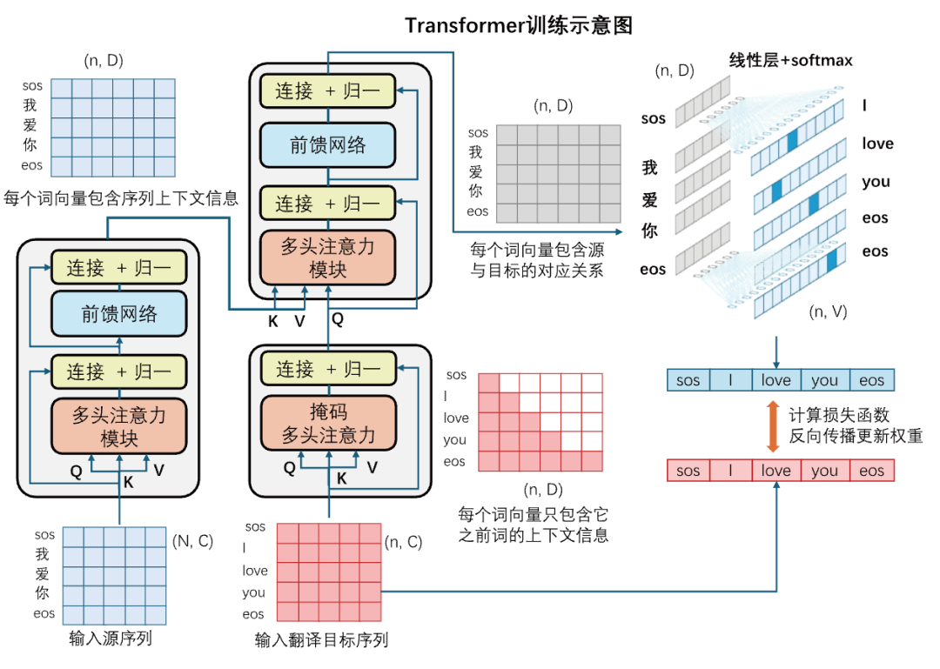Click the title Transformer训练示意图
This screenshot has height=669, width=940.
pyautogui.click(x=519, y=25)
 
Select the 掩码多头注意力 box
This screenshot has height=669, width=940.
pyautogui.click(x=328, y=423)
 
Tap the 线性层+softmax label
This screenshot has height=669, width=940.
pyautogui.click(x=790, y=60)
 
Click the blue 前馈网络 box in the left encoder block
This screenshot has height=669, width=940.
pyautogui.click(x=119, y=314)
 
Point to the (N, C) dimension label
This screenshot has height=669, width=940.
pyautogui.click(x=192, y=540)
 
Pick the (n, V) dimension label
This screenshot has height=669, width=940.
pyautogui.click(x=828, y=311)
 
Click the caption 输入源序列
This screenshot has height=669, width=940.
pyautogui.click(x=111, y=639)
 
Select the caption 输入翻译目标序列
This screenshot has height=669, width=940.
pyautogui.click(x=321, y=640)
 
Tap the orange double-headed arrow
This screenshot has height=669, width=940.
pyautogui.click(x=772, y=425)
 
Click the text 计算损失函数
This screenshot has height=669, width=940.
pyautogui.click(x=839, y=415)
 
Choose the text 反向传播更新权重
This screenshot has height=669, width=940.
pyautogui.click(x=856, y=436)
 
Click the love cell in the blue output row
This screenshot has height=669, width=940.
pyautogui.click(x=775, y=380)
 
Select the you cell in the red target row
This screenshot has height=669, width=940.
pyautogui.click(x=823, y=471)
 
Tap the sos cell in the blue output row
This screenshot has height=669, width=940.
pyautogui.click(x=688, y=380)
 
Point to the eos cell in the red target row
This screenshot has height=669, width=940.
pyautogui.click(x=871, y=471)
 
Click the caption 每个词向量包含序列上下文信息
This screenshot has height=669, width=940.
pyautogui.click(x=121, y=198)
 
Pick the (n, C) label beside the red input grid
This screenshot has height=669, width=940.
pyautogui.click(x=403, y=542)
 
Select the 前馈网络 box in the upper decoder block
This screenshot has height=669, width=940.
pyautogui.click(x=328, y=145)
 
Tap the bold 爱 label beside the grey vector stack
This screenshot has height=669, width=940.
pyautogui.click(x=650, y=200)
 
